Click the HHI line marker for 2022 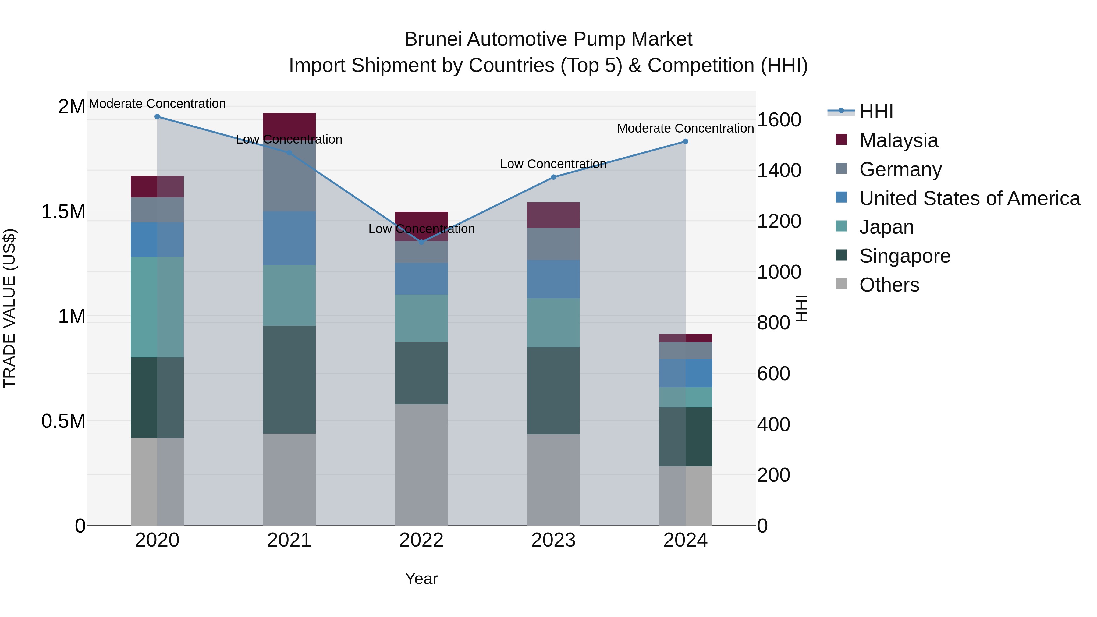pos(421,242)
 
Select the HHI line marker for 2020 pos(157,116)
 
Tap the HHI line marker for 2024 pos(685,141)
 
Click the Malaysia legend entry pos(899,140)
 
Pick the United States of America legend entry pos(969,198)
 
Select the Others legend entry pos(889,285)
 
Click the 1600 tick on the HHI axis pos(779,120)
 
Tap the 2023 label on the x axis pos(553,540)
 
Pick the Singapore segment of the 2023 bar pos(553,391)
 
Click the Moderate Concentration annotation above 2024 pos(685,128)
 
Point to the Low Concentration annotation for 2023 pos(553,164)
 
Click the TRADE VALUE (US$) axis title pos(9,308)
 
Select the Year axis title pos(421,579)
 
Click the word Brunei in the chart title pos(433,39)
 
